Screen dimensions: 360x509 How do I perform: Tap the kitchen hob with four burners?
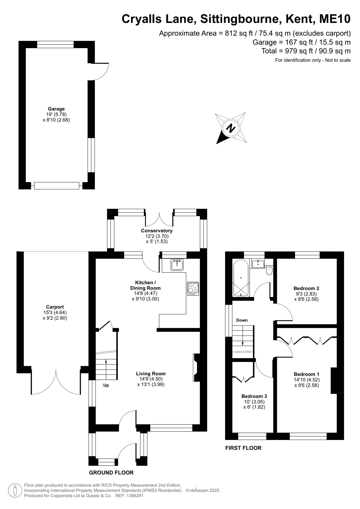click(x=193, y=289)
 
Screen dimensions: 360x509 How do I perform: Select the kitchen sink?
click(x=177, y=265)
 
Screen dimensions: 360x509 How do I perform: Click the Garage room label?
click(x=56, y=109)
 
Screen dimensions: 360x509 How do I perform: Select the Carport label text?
click(x=55, y=307)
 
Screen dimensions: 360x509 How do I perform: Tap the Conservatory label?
click(x=157, y=231)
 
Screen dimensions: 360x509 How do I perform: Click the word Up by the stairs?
click(x=106, y=385)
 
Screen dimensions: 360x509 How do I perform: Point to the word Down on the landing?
click(x=242, y=320)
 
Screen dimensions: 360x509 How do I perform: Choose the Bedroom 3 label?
click(x=254, y=396)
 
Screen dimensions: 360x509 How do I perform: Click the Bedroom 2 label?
click(x=306, y=288)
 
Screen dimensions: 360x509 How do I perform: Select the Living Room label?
click(x=151, y=374)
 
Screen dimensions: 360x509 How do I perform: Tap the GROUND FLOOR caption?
click(x=111, y=473)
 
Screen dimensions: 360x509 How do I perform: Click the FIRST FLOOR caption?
click(x=243, y=448)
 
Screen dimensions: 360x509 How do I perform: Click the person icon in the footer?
click(x=15, y=490)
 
